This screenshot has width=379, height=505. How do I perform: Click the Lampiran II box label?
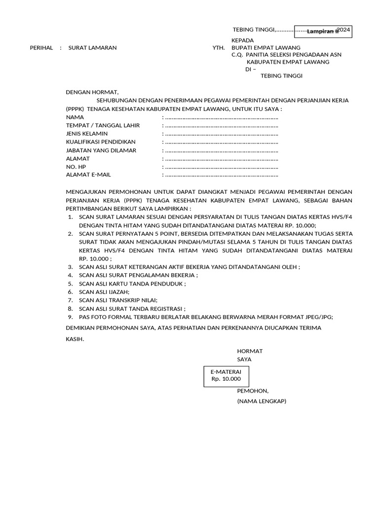[x=323, y=32]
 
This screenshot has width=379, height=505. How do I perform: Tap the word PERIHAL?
[x=41, y=48]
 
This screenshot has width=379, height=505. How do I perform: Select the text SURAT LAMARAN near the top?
[x=92, y=48]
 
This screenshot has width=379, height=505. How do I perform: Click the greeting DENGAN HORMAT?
[x=92, y=92]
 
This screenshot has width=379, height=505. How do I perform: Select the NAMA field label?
[x=75, y=117]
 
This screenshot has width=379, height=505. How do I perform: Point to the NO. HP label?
[x=76, y=167]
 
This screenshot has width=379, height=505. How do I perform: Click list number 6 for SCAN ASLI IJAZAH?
[x=70, y=292]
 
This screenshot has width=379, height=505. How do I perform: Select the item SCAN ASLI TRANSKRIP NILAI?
[x=118, y=300]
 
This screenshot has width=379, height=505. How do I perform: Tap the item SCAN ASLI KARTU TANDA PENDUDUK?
[x=132, y=284]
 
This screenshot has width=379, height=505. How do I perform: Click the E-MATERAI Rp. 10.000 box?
[x=227, y=375]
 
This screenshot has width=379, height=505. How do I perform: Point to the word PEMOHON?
[x=253, y=391]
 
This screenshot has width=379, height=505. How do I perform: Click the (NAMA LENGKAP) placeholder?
[x=262, y=401]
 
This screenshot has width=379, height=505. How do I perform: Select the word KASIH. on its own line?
[x=75, y=339]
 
